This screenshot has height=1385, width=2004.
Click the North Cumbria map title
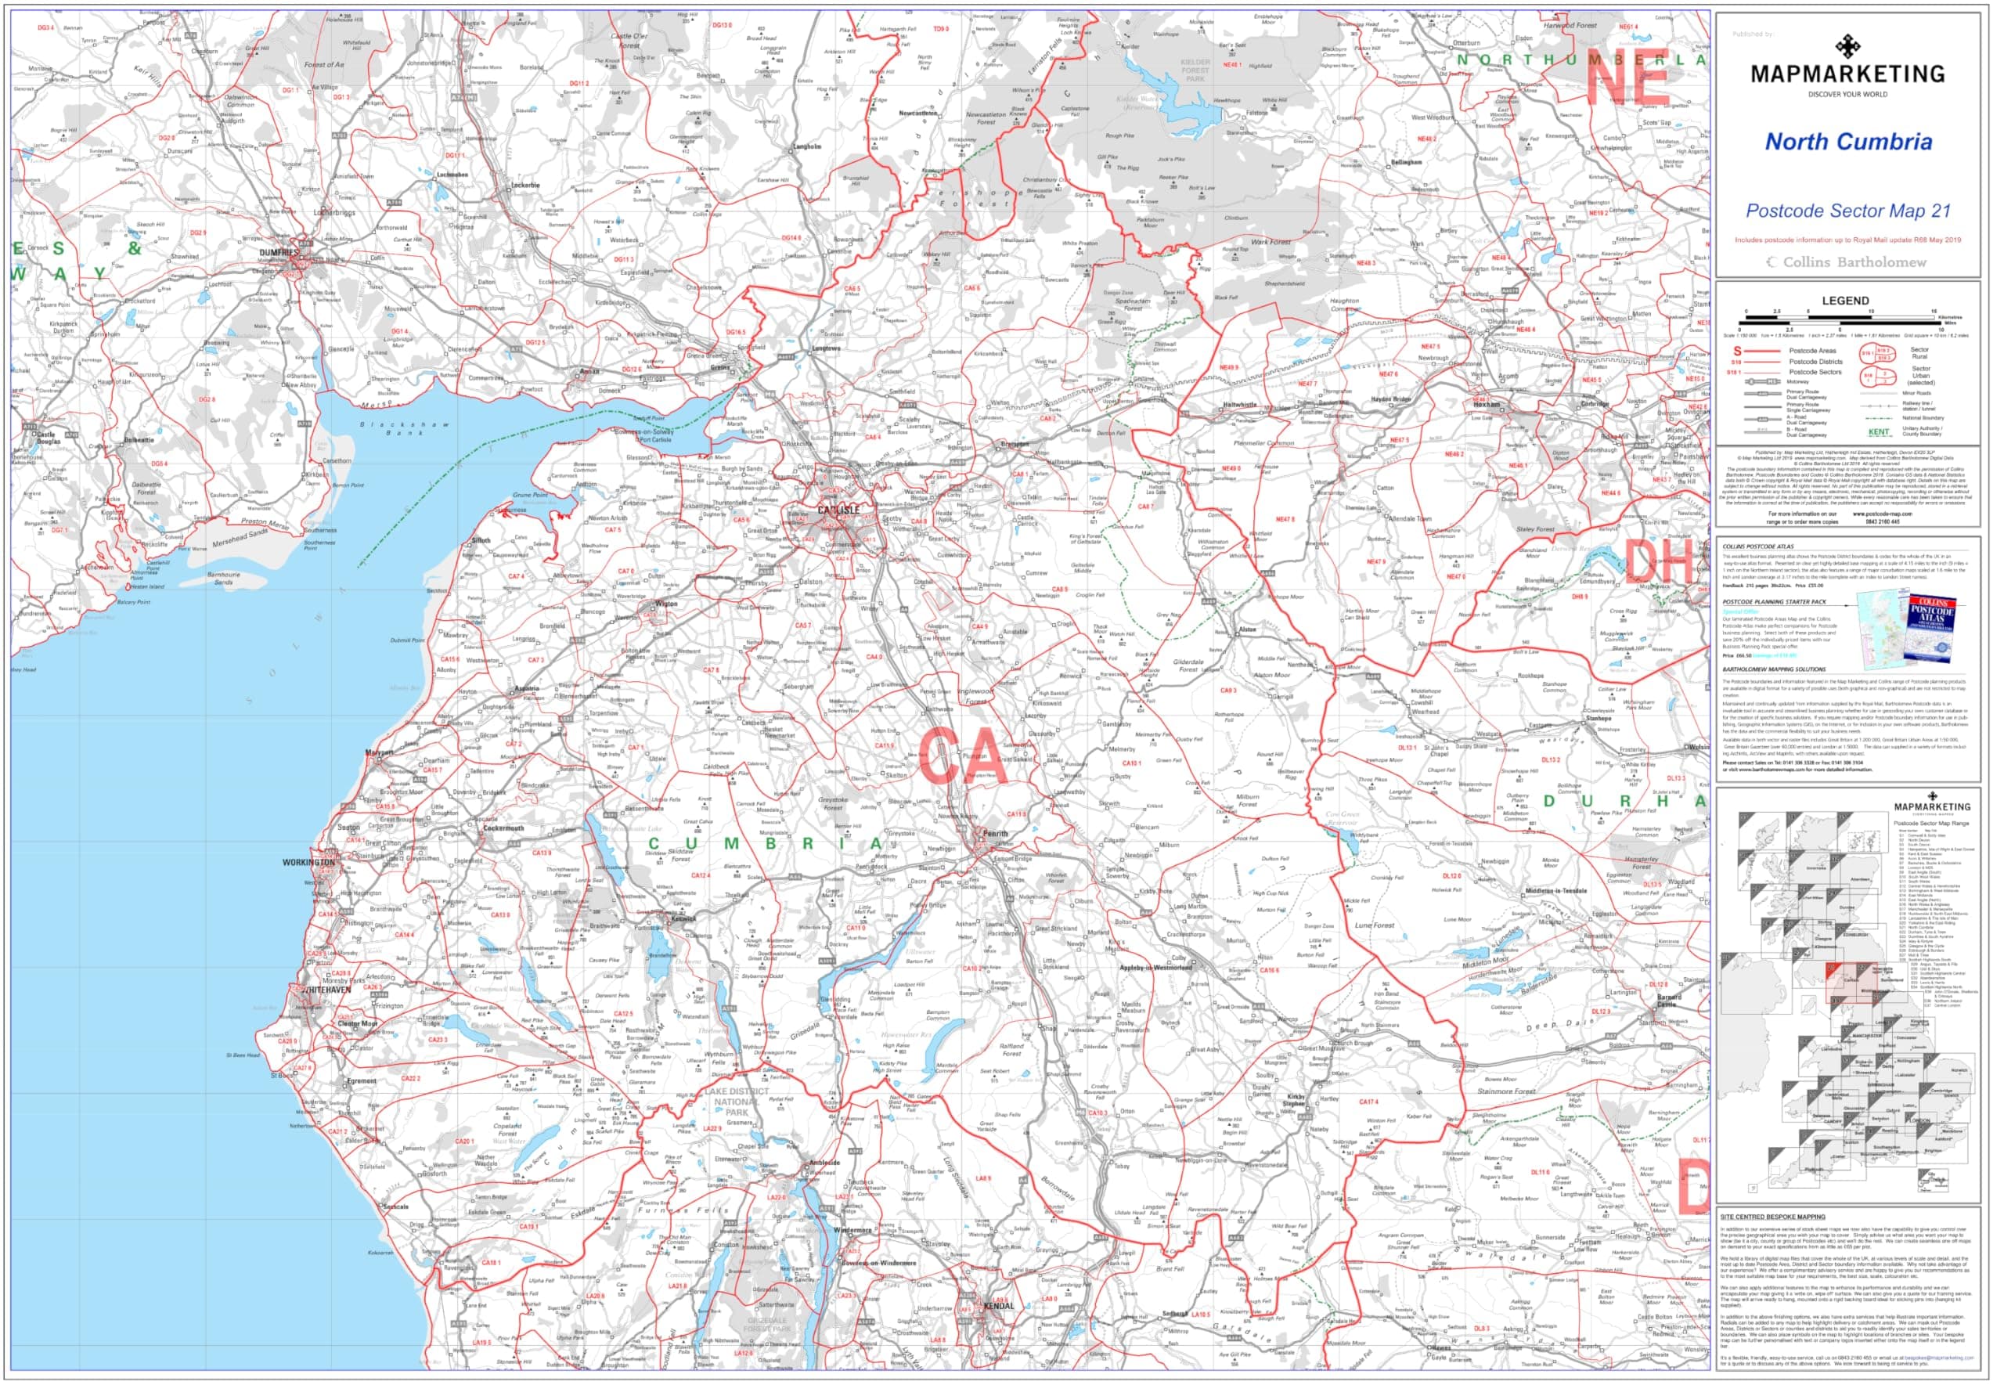[1848, 142]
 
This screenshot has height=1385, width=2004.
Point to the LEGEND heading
[1844, 301]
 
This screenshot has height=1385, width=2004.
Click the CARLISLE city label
[838, 510]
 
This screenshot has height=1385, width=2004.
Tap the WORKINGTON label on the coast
[308, 863]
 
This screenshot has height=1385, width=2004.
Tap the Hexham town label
[1487, 405]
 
